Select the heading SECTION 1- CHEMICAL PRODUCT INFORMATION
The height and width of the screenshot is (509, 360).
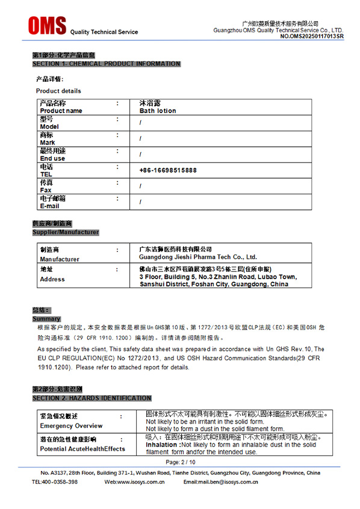point(106,64)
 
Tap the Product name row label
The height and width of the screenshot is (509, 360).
point(61,111)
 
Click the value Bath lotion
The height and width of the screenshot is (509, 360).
point(158,111)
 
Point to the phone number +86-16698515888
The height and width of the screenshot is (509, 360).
point(168,170)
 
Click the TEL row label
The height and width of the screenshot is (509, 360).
point(46,174)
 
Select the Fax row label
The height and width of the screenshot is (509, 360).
point(46,190)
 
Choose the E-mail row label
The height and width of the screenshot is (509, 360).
point(49,206)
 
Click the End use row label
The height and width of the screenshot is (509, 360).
point(52,158)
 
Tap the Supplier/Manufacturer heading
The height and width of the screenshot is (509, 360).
point(65,232)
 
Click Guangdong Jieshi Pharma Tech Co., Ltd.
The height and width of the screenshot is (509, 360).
point(198,257)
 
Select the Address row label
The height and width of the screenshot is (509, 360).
point(52,279)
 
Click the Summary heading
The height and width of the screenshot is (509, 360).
point(46,319)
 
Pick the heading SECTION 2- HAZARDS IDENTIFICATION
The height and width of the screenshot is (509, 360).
point(92,398)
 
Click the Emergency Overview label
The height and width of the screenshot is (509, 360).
point(71,426)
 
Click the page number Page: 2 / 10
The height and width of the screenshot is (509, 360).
point(180,462)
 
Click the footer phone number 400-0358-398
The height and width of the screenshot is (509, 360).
point(60,482)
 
